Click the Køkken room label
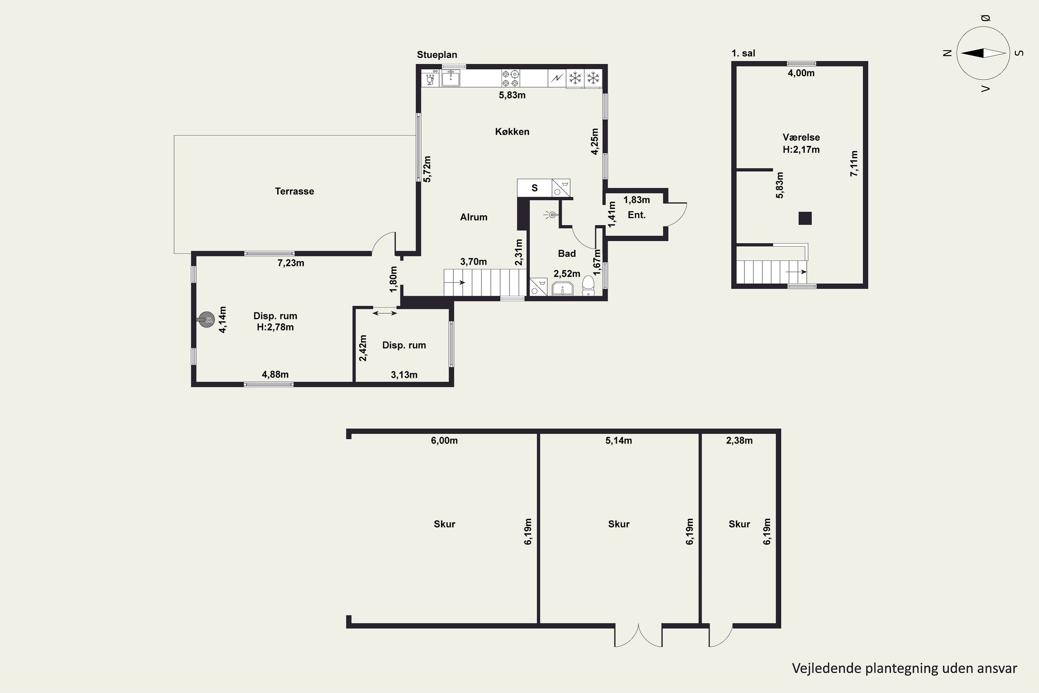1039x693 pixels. coord(512,132)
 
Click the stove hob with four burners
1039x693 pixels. coord(510,78)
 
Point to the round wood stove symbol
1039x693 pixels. coord(206,319)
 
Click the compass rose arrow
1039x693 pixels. coord(983,53)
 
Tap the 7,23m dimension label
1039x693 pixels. coord(291,263)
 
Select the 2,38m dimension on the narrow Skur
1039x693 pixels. coord(739,441)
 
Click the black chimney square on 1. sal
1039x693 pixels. coord(805,218)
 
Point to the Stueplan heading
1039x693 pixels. coord(437,55)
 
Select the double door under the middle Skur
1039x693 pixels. coord(638,635)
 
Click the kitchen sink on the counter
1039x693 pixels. coord(451,78)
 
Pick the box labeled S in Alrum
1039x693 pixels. coord(534,188)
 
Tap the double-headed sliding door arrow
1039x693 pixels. coord(385,313)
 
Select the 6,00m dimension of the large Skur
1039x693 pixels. coord(444,441)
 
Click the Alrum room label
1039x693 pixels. coord(473,217)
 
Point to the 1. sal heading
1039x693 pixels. coord(744,53)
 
